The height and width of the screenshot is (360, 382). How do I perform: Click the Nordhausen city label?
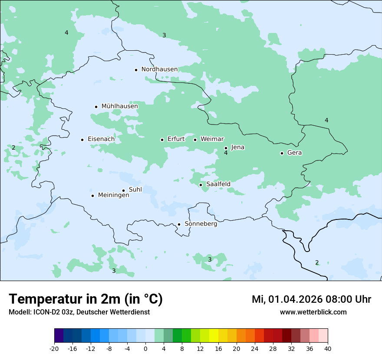(x=159, y=69)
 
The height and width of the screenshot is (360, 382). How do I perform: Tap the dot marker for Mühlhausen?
(x=96, y=107)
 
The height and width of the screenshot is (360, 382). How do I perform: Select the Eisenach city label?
(x=101, y=139)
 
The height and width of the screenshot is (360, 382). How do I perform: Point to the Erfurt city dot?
(x=162, y=140)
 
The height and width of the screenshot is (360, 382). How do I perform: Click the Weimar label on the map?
(x=212, y=139)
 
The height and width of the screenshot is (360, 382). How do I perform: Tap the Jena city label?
(x=237, y=147)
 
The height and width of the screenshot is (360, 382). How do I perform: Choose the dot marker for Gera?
(x=282, y=153)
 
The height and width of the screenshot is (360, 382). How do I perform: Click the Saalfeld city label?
(x=218, y=184)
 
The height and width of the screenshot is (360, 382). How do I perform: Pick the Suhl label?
(x=135, y=190)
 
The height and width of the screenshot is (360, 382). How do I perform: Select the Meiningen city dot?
(x=92, y=196)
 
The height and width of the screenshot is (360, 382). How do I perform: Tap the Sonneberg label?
(x=201, y=224)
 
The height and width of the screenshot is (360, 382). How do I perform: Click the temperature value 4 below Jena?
(x=226, y=153)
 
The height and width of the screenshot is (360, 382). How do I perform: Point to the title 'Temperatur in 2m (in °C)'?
(x=86, y=299)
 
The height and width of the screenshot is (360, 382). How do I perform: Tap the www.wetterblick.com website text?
(x=313, y=312)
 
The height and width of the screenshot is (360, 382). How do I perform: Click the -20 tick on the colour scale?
(x=54, y=348)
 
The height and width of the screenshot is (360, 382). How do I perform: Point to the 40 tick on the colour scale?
(x=328, y=348)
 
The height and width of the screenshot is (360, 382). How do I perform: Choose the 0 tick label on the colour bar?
(x=145, y=348)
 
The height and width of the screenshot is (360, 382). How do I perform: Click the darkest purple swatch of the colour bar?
(x=59, y=336)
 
